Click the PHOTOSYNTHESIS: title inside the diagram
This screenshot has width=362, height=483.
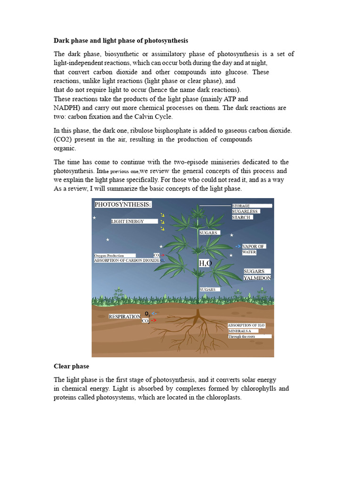123,204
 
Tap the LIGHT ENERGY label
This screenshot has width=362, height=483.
128,221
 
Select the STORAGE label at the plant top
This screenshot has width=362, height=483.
241,206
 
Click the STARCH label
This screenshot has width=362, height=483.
242,217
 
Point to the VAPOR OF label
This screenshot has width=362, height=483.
254,246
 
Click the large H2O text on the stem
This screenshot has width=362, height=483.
205,263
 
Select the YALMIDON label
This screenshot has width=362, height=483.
257,278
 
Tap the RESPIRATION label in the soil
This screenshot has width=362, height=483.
124,316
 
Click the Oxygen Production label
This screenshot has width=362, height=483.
109,256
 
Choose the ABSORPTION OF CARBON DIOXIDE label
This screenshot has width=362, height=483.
127,260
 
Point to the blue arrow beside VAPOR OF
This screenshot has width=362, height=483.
238,246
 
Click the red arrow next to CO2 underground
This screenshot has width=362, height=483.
154,320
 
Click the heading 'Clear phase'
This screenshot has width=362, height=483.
71,366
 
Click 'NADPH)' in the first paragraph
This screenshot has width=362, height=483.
67,108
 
